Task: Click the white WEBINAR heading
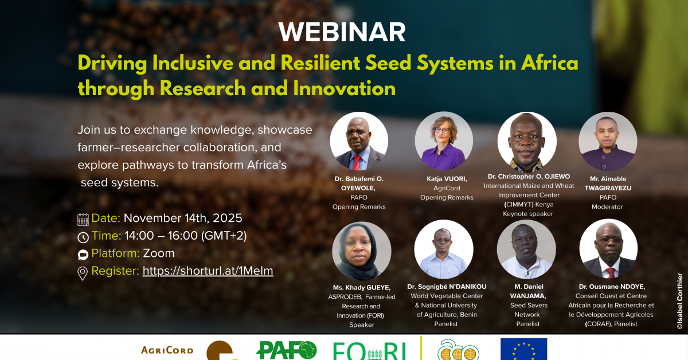pos(342,32)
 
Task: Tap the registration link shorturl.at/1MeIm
pos(208,271)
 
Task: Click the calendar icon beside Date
pos(83,220)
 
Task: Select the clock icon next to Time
pos(83,237)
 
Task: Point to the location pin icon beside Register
pos(83,273)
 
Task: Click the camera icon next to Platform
pos(83,255)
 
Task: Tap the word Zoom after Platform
pos(159,253)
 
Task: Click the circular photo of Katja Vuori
pos(444,140)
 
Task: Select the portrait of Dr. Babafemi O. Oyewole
pos(359,141)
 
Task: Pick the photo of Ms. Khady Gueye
pos(362,251)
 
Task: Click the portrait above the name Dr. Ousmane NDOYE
pos(608,249)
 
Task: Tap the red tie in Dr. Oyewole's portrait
pos(356,162)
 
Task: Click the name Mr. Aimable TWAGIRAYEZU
pos(608,183)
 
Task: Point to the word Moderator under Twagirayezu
pos(607,207)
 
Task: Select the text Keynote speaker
pos(528,214)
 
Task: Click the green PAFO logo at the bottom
pos(287,350)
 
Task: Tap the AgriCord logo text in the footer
pos(167,350)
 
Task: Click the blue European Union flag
pos(523,349)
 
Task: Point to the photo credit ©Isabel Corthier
pos(680,301)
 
